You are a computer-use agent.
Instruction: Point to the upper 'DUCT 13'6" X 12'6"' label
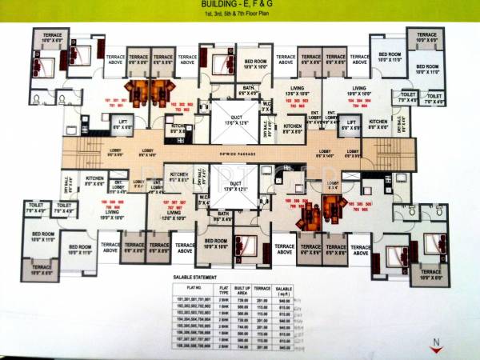click(x=230, y=122)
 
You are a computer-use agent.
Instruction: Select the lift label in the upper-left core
click(x=121, y=123)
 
